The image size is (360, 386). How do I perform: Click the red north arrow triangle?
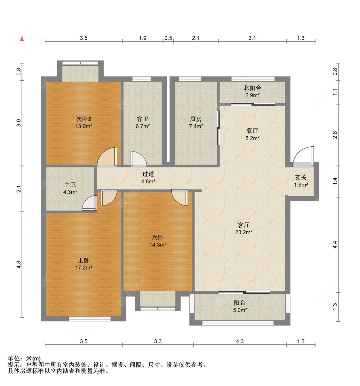(22, 39)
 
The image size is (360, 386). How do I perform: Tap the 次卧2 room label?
(84, 119)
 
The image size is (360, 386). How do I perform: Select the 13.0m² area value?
(84, 126)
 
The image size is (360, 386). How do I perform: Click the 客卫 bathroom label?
(142, 119)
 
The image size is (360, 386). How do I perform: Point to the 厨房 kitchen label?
(196, 119)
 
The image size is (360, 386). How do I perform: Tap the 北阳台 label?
(252, 88)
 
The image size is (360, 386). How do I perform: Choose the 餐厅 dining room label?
(252, 131)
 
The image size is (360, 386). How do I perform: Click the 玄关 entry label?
(301, 177)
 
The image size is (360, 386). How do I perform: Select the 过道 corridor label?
(148, 174)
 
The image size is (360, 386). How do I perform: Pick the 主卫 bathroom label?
(70, 185)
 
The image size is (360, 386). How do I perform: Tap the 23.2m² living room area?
(244, 232)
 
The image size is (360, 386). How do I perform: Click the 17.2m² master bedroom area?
(84, 268)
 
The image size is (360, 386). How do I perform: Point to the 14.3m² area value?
(158, 245)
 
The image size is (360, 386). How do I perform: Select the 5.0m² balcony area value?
(240, 310)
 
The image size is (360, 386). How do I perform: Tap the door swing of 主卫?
(90, 204)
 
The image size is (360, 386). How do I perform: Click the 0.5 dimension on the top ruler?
(168, 38)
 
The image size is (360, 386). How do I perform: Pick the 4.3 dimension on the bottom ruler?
(240, 342)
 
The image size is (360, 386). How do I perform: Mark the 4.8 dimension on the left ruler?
(19, 265)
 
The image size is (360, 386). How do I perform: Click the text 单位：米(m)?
(24, 358)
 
